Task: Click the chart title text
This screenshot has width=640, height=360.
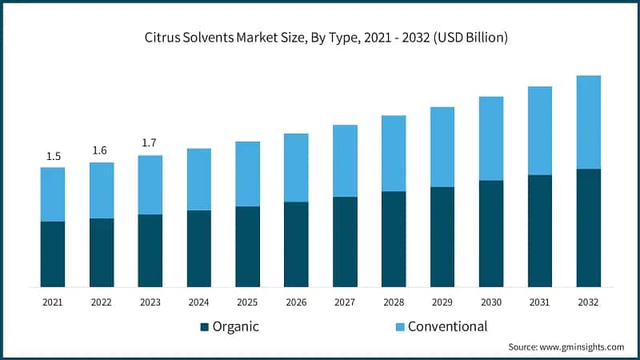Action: tap(320, 37)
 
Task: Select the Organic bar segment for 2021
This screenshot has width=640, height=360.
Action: tap(53, 254)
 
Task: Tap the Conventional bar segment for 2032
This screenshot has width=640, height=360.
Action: tap(589, 122)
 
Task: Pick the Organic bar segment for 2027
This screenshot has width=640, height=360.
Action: tap(345, 242)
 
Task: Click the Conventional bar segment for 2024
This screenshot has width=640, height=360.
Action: tap(199, 179)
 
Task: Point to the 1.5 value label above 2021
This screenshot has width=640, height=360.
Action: tap(53, 156)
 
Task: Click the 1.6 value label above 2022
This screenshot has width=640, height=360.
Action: tap(102, 150)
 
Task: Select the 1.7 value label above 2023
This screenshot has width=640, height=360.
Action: tap(150, 143)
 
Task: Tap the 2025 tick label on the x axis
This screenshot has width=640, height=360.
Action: tap(247, 302)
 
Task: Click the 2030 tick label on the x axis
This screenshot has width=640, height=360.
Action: tap(490, 302)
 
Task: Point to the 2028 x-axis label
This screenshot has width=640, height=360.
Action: tap(394, 302)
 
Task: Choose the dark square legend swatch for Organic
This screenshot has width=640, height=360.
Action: tap(204, 326)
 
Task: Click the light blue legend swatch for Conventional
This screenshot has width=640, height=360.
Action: tap(399, 326)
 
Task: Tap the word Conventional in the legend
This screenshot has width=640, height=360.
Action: tap(447, 326)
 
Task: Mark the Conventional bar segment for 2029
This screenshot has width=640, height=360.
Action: tap(442, 147)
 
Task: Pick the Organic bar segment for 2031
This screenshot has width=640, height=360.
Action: tap(540, 230)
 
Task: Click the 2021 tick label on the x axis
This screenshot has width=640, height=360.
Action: tap(53, 302)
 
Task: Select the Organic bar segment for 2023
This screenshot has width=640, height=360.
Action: tap(150, 250)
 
